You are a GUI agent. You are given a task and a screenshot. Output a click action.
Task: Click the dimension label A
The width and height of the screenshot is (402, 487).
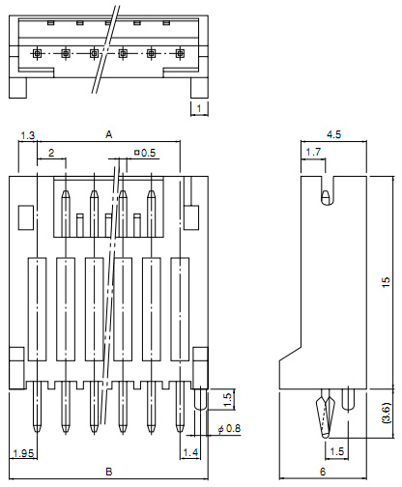109,134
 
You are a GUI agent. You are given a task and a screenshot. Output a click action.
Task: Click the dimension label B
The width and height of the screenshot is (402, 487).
109,472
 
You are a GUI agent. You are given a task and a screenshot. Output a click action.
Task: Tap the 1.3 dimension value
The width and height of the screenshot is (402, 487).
28,135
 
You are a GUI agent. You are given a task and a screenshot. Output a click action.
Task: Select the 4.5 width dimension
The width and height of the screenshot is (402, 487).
333,134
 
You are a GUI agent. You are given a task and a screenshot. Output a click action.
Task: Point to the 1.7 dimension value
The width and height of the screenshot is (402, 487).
313,152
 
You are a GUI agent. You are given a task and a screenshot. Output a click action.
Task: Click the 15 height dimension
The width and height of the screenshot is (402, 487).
386,282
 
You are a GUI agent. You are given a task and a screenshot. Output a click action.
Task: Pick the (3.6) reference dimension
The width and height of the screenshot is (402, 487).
386,413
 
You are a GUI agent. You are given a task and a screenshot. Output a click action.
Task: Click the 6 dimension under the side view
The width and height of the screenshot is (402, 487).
323,472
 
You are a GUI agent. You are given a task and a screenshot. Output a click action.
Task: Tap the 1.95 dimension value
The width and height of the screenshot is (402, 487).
23,453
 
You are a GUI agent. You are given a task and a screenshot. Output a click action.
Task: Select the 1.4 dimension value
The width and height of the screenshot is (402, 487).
190,452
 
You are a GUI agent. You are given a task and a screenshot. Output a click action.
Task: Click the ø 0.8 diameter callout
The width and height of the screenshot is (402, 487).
229,429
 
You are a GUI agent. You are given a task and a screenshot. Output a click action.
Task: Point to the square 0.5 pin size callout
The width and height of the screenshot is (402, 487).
145,153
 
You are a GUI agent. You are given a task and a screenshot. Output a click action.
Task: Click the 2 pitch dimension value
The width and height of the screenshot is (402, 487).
51,153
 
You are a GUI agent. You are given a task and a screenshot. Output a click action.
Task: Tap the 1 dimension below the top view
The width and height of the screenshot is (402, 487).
199,108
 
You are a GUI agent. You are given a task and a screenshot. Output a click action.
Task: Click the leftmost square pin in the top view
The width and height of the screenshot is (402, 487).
37,53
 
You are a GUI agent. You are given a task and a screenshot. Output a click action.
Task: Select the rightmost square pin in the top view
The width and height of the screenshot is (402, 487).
180,53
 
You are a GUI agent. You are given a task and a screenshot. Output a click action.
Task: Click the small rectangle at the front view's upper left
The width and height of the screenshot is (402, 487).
26,217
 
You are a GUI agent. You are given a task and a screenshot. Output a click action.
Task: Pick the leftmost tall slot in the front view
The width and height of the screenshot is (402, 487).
37,309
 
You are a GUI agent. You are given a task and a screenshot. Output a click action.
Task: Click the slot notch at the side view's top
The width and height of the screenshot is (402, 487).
328,190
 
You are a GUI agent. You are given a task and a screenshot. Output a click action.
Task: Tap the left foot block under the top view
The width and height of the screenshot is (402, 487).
17,88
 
